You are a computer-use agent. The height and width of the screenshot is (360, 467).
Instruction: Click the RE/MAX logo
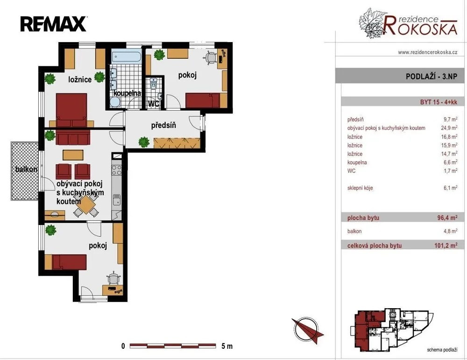[54, 24]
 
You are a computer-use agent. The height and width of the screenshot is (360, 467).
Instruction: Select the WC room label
[153, 104]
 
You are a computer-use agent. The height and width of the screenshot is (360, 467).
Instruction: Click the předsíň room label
[163, 125]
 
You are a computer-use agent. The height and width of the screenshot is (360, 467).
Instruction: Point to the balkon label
[27, 169]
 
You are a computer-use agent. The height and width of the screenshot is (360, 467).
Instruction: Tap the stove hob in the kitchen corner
[116, 170]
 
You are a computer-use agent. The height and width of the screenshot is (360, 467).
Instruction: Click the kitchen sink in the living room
[117, 200]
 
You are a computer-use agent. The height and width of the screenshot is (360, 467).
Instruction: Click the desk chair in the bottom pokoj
[113, 279]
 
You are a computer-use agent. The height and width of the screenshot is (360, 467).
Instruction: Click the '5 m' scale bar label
[227, 346]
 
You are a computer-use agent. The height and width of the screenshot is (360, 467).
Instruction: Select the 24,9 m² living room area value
[449, 128]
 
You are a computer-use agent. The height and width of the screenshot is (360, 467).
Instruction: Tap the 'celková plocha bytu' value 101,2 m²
[446, 246]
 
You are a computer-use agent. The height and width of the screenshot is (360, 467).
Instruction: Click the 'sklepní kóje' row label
[360, 188]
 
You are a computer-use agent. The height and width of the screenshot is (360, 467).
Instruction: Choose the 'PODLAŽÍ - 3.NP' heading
[431, 76]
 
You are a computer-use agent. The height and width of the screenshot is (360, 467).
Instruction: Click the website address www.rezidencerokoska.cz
[428, 52]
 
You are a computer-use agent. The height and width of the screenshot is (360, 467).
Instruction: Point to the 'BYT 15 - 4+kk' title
[439, 102]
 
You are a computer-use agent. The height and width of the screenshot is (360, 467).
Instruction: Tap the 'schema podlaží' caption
[442, 350]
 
